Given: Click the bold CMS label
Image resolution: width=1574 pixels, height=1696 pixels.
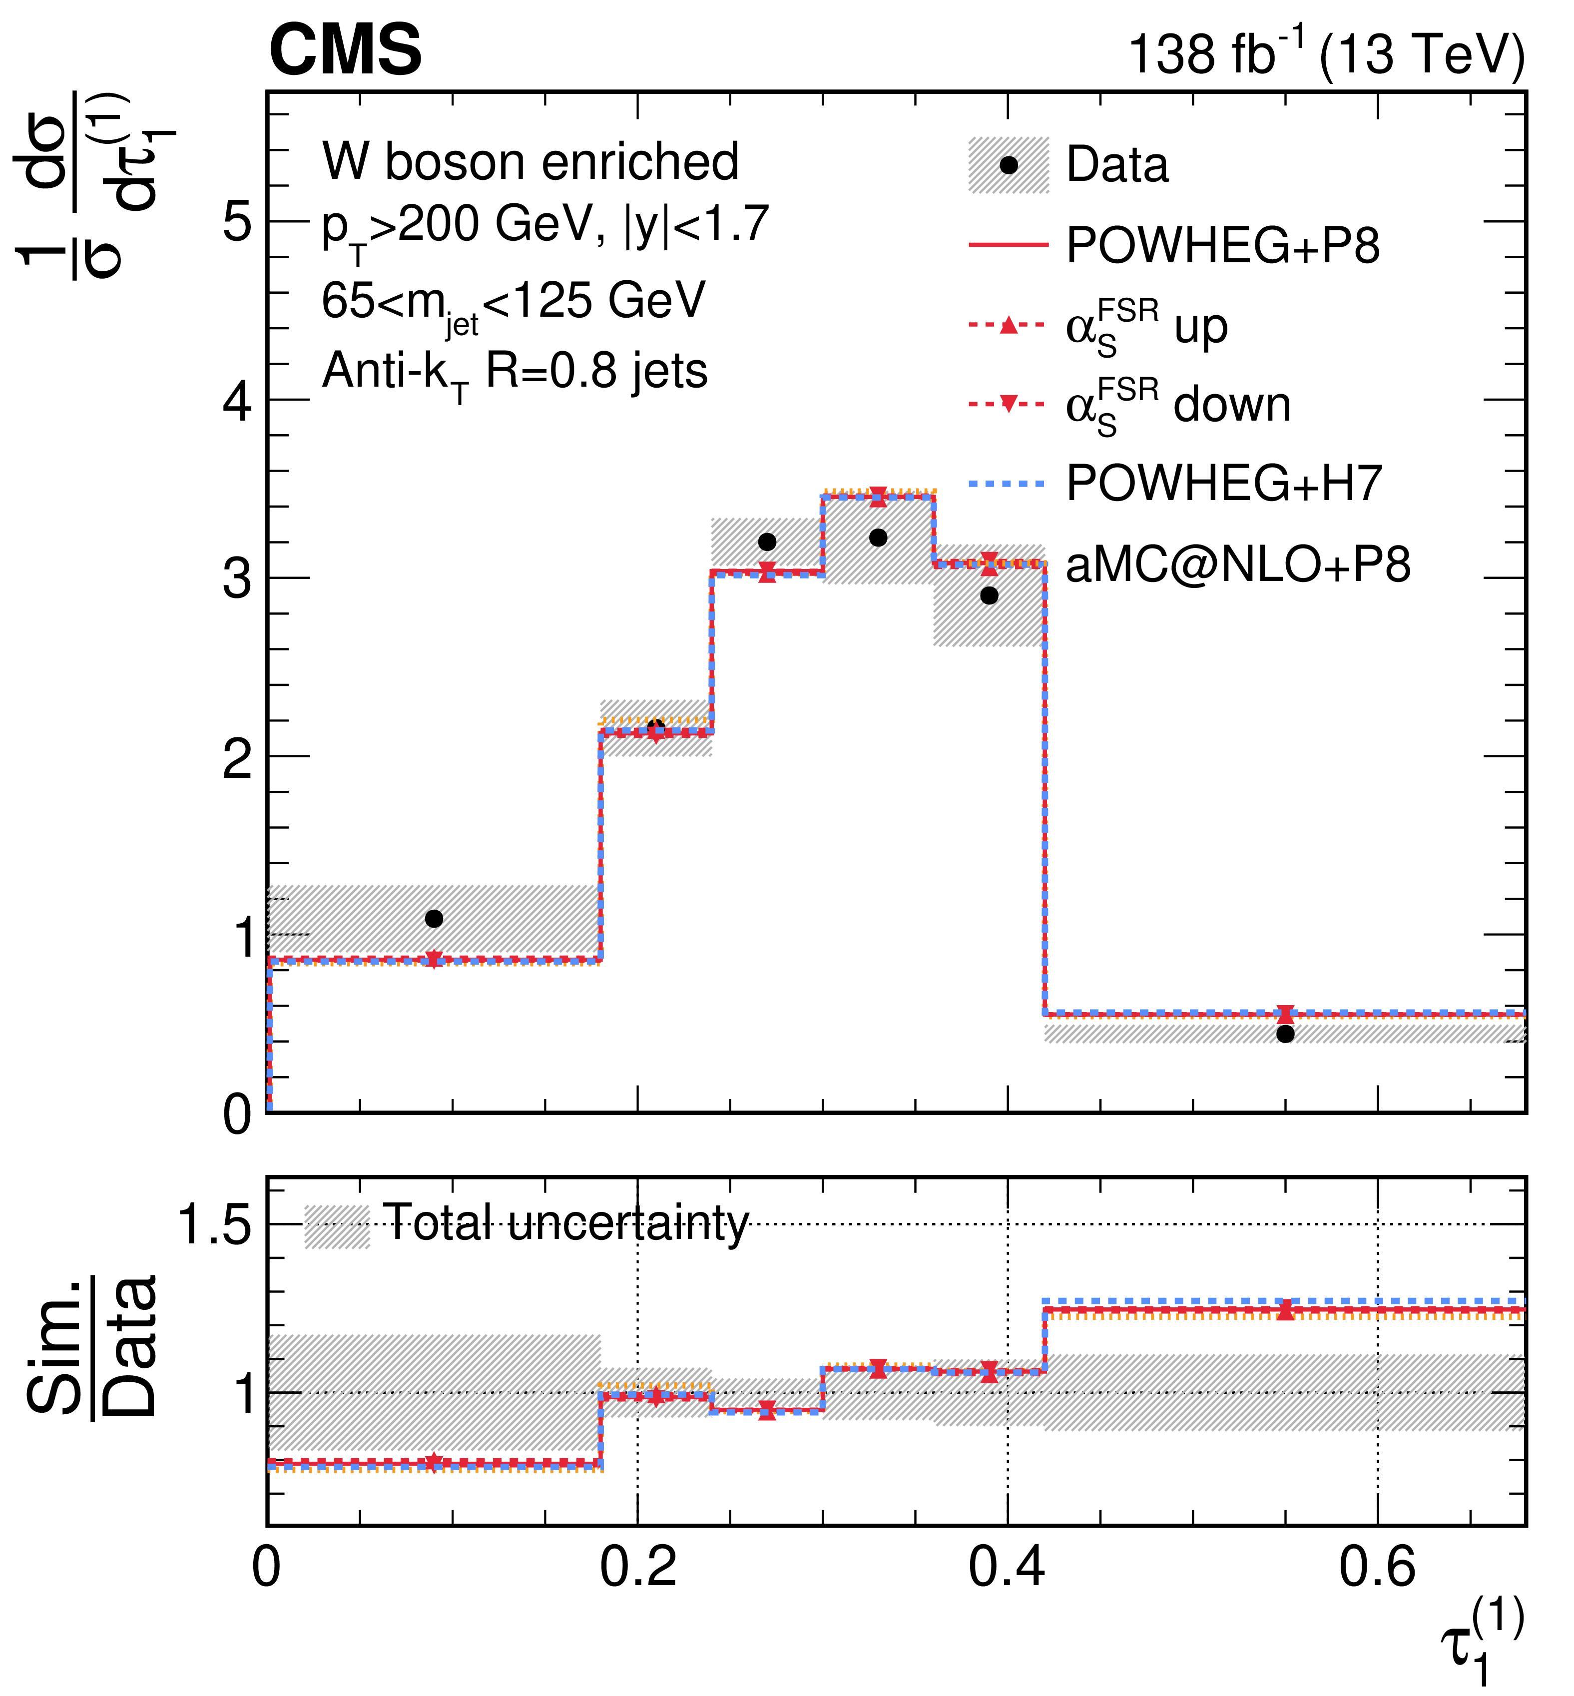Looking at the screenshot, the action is tap(345, 49).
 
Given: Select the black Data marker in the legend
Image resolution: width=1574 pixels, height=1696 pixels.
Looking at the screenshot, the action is tap(1009, 164).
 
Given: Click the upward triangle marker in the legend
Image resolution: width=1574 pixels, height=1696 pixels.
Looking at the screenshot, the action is tap(1009, 325).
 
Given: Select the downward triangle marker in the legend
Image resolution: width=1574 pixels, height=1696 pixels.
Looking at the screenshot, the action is tap(1009, 404).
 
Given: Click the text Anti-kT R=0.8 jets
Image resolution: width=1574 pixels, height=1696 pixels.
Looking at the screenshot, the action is tap(515, 373).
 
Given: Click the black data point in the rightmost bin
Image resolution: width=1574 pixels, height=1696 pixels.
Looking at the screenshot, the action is tap(1286, 1034).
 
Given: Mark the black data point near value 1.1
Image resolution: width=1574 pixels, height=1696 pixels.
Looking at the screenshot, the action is tap(434, 918).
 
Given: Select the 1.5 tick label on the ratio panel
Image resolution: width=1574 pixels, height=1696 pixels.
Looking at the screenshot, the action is tap(214, 1225).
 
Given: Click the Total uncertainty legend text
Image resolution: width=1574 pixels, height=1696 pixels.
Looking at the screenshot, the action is tap(566, 1224).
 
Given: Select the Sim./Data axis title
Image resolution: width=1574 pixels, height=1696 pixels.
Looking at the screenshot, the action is tap(92, 1346).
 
